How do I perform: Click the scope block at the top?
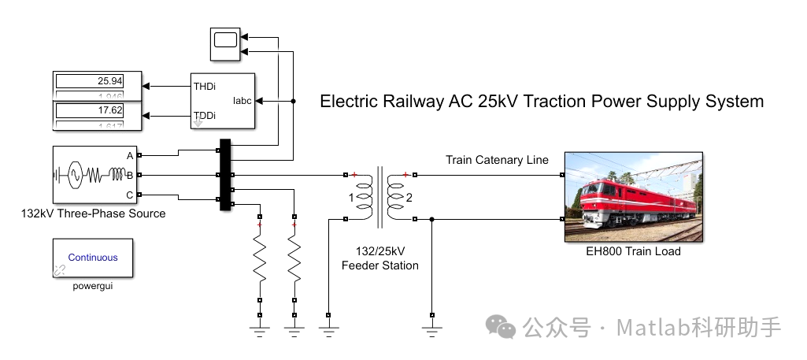click(225, 44)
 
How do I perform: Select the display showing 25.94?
click(99, 81)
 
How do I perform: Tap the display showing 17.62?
click(99, 111)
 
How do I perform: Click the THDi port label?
click(205, 86)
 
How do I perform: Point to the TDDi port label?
click(205, 117)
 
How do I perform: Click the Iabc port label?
click(242, 102)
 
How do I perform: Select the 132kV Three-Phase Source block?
click(92, 175)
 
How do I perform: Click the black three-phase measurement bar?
click(225, 175)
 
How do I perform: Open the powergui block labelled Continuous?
click(92, 257)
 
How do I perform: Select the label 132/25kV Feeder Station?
click(380, 258)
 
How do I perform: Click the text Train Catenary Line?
click(497, 160)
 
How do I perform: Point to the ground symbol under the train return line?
click(431, 324)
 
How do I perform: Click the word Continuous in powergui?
click(93, 257)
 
